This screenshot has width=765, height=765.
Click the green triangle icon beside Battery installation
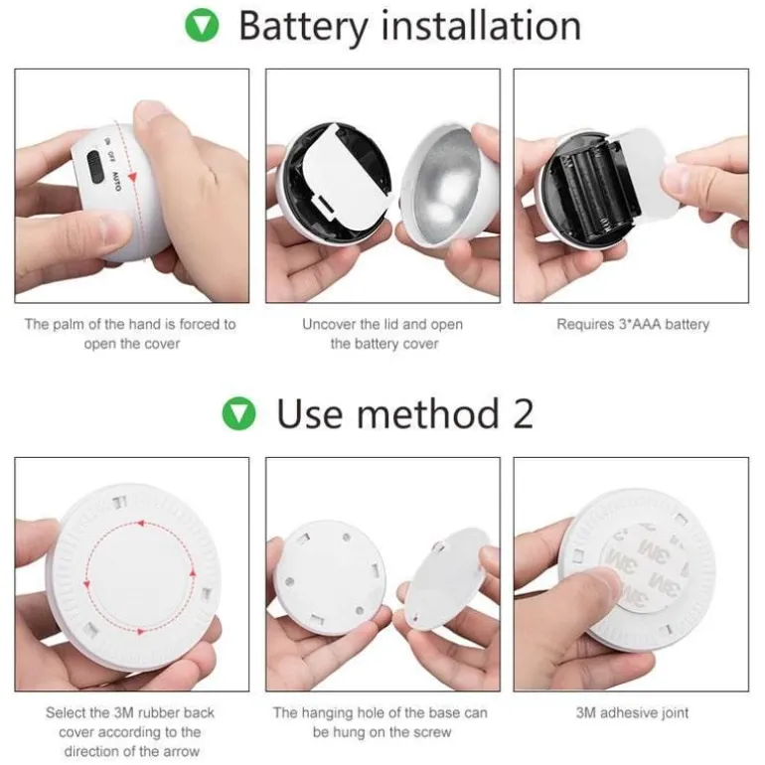pyautogui.click(x=202, y=26)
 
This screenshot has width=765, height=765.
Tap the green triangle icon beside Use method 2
pyautogui.click(x=239, y=413)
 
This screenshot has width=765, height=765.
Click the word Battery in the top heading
pyautogui.click(x=303, y=28)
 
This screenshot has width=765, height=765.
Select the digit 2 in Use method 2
pyautogui.click(x=523, y=413)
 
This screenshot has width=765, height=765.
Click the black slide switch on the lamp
pyautogui.click(x=95, y=167)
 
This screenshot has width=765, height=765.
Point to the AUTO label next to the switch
pyautogui.click(x=116, y=181)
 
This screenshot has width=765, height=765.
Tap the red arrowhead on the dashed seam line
pyautogui.click(x=132, y=176)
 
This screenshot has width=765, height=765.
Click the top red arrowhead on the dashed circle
pyautogui.click(x=141, y=524)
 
